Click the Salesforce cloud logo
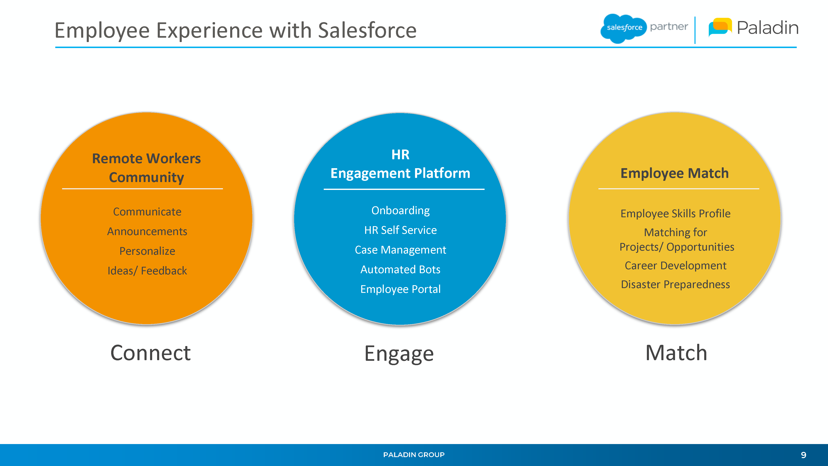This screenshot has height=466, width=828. (623, 28)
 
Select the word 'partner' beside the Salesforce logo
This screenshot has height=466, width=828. (669, 27)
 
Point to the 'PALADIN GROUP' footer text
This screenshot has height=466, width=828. (414, 455)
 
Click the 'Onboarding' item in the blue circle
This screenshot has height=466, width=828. (401, 211)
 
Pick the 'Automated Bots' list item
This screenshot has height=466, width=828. (401, 269)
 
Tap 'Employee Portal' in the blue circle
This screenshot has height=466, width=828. (401, 289)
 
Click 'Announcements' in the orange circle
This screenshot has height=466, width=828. (147, 232)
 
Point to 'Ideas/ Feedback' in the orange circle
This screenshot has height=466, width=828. (147, 271)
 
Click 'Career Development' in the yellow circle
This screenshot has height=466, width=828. (676, 266)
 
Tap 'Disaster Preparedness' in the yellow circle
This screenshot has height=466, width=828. (676, 284)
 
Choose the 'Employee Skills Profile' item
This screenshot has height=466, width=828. (676, 214)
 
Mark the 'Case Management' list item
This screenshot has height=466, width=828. (401, 250)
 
